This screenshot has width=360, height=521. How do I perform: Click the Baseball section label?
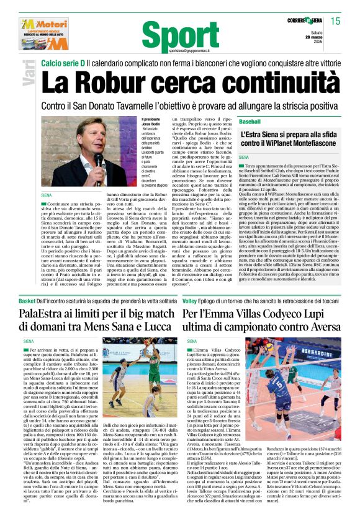click(x=250, y=121)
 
